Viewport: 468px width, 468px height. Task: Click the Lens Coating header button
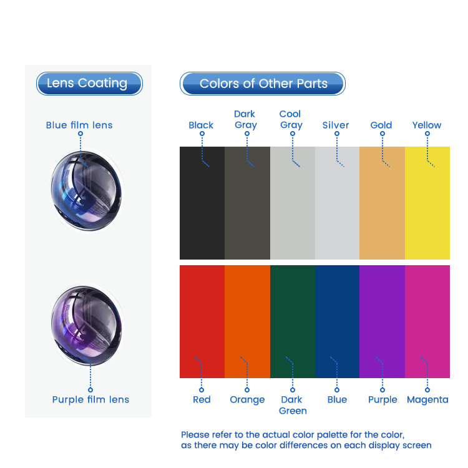(89, 84)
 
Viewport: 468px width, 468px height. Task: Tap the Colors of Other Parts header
(263, 84)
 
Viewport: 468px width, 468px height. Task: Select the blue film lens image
(87, 191)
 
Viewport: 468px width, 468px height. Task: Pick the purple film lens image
(87, 326)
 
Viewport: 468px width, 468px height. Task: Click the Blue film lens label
(79, 125)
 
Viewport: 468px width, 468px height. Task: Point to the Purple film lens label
(90, 399)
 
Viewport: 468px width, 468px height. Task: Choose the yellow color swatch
(427, 203)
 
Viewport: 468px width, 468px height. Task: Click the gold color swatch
(382, 203)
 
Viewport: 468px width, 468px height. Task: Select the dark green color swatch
(293, 321)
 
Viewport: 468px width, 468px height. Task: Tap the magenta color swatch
(427, 321)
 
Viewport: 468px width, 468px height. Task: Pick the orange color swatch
(248, 321)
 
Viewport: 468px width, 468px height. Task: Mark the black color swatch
(202, 203)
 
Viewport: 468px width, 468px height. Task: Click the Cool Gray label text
(291, 119)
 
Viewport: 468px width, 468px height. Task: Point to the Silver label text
(336, 125)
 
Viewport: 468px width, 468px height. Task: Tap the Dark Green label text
(293, 405)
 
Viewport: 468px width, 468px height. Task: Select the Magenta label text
(427, 399)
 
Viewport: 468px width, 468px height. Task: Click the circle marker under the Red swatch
(202, 390)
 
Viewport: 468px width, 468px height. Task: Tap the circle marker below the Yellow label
(427, 134)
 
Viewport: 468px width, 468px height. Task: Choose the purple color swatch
(382, 321)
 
